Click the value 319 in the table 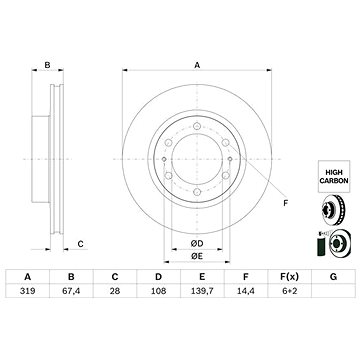pyautogui.click(x=27, y=291)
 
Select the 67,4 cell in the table pyautogui.click(x=71, y=291)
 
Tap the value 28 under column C pyautogui.click(x=115, y=291)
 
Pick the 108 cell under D pyautogui.click(x=158, y=291)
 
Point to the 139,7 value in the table pyautogui.click(x=202, y=291)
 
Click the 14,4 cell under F pyautogui.click(x=246, y=291)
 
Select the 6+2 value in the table pyautogui.click(x=289, y=291)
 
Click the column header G pyautogui.click(x=333, y=277)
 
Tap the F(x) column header pyautogui.click(x=289, y=277)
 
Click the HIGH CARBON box pyautogui.click(x=334, y=176)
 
